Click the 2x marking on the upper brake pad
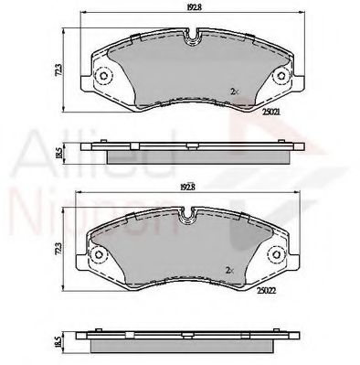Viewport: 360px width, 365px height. [x=235, y=91]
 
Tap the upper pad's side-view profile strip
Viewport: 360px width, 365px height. [x=193, y=149]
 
